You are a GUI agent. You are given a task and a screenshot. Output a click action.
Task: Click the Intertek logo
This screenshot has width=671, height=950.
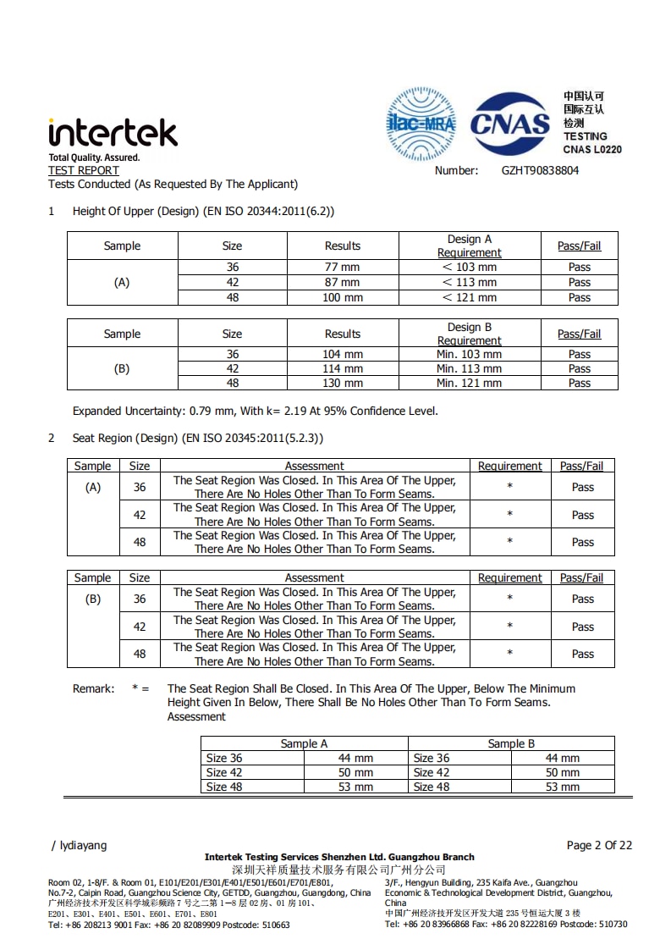[113, 133]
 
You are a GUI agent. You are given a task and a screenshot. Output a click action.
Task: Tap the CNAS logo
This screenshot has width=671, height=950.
[509, 125]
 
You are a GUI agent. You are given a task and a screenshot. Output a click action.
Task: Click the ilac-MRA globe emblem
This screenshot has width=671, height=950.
[421, 124]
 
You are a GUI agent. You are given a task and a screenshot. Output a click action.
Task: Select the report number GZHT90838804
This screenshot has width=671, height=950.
[540, 170]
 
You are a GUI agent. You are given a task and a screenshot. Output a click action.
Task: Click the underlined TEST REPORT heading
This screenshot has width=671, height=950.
[84, 170]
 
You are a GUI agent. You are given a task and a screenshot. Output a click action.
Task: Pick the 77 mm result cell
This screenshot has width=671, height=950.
[342, 267]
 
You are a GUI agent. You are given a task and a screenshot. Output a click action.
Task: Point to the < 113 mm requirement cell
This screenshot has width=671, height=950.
[469, 282]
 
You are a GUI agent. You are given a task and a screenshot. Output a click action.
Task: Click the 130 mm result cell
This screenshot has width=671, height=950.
[342, 383]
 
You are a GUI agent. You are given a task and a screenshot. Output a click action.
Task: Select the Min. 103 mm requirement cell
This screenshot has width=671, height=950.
[469, 354]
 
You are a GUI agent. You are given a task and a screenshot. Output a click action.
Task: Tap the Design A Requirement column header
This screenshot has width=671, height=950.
[469, 246]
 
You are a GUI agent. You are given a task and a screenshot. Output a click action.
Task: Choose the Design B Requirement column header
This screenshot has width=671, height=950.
[469, 334]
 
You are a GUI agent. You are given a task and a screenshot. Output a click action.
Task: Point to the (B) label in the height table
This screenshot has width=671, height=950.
[122, 368]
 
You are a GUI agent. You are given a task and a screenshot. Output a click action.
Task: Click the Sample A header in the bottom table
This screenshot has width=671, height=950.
[304, 743]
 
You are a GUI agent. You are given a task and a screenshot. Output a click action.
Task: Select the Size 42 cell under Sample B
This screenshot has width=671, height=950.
[432, 772]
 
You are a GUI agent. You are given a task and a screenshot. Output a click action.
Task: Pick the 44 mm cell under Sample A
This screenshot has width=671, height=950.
[355, 758]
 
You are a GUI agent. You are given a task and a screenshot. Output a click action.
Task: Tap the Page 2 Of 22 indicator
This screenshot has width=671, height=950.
[599, 845]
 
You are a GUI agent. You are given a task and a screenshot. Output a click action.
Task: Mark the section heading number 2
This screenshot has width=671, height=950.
[52, 438]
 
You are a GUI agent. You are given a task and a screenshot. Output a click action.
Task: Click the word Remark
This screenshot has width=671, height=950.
[93, 688]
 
